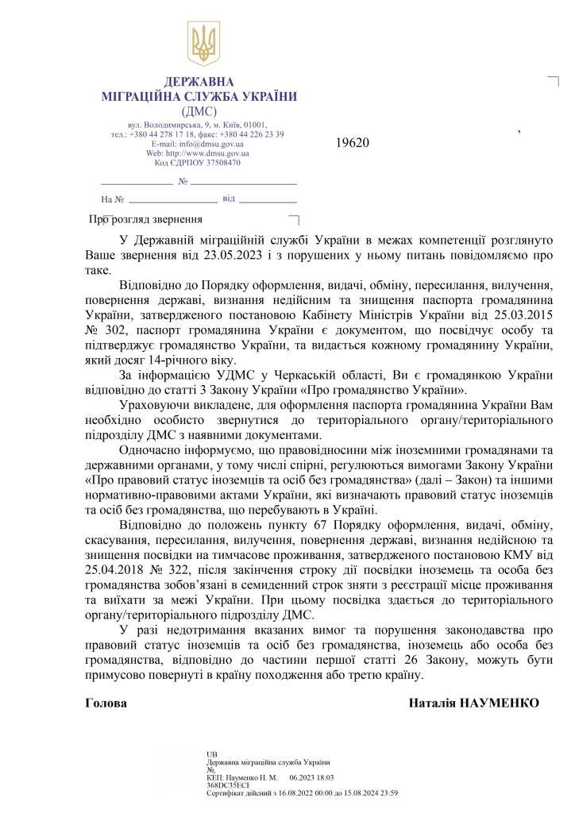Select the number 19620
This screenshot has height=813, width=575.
353,144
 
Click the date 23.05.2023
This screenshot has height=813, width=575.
231,256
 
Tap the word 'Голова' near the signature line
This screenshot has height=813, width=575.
106,703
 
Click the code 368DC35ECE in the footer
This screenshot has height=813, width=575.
227,786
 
